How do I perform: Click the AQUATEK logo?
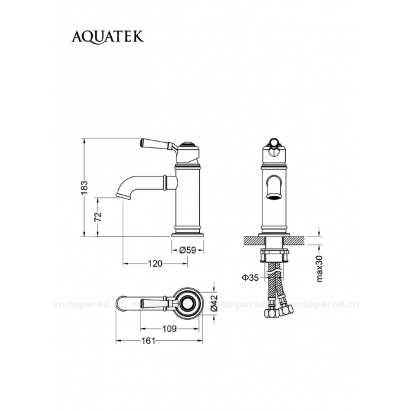click(107, 37)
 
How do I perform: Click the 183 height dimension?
click(85, 188)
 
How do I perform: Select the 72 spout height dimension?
click(98, 217)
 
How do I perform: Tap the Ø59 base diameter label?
click(187, 250)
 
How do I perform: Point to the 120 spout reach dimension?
click(155, 264)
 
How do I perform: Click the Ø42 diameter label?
click(214, 303)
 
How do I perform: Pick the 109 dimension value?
click(169, 328)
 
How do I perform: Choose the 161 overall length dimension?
click(149, 341)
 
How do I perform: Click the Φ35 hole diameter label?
click(250, 278)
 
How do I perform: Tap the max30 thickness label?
click(319, 269)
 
